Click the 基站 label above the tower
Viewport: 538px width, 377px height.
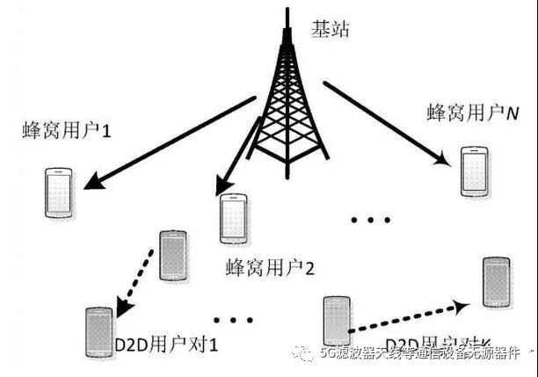pyautogui.click(x=331, y=28)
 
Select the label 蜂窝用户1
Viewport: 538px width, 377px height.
pyautogui.click(x=69, y=134)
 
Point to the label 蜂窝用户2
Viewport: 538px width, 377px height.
pyautogui.click(x=270, y=266)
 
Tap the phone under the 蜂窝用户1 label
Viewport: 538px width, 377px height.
pyautogui.click(x=58, y=192)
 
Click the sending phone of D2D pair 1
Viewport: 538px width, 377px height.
pyautogui.click(x=173, y=255)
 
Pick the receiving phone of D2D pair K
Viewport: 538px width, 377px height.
pyautogui.click(x=498, y=280)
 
